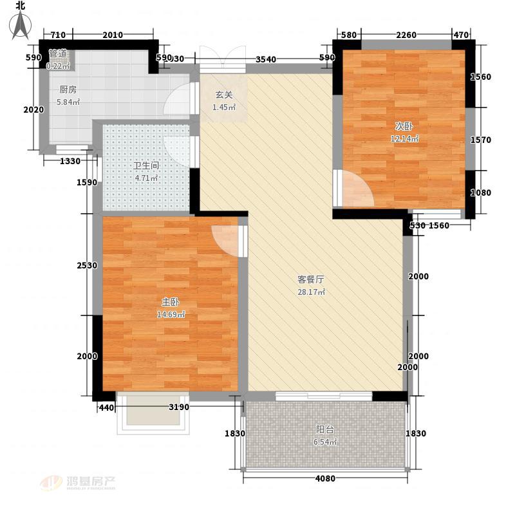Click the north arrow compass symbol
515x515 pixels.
click(x=21, y=24)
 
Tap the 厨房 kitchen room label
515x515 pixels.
click(x=68, y=89)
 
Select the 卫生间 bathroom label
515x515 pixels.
click(x=146, y=165)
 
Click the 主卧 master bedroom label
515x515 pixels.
click(x=171, y=301)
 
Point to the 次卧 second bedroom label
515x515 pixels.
click(x=404, y=126)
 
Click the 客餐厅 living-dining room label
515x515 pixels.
click(x=311, y=279)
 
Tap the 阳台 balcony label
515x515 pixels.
click(x=325, y=429)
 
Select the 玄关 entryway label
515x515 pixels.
click(x=224, y=95)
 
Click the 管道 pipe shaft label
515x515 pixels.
click(x=58, y=53)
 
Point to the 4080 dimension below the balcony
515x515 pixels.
click(x=325, y=478)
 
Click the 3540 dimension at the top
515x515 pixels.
click(x=266, y=59)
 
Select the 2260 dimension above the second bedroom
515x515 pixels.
click(x=406, y=35)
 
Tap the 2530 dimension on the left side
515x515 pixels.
click(x=87, y=265)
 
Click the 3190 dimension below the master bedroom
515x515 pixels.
click(x=179, y=407)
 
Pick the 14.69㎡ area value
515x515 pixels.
click(x=171, y=314)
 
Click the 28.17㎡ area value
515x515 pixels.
click(x=311, y=292)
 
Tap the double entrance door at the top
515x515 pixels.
click(x=223, y=59)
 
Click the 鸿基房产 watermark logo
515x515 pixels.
click(x=78, y=483)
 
